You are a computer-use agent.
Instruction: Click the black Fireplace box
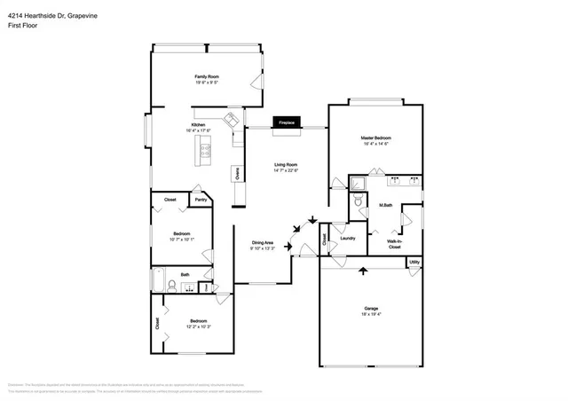286,122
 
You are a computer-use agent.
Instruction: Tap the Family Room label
207,77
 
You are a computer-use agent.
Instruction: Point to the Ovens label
237,174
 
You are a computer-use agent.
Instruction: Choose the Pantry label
201,200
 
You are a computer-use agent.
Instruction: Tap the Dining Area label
262,243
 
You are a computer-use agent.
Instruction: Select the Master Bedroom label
375,138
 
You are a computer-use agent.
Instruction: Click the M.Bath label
386,205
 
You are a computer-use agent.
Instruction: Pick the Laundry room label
347,237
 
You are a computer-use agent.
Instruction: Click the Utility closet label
414,262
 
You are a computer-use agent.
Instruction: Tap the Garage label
370,309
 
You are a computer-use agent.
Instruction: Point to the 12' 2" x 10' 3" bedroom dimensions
198,326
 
